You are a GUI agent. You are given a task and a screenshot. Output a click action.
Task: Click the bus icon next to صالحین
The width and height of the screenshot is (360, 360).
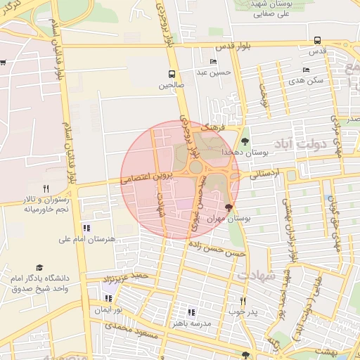click(x=172, y=73)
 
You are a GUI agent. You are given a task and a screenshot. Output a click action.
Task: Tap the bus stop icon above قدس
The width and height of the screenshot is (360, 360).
click(x=318, y=40)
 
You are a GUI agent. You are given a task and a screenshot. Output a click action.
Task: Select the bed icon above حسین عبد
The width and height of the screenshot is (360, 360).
click(x=213, y=61)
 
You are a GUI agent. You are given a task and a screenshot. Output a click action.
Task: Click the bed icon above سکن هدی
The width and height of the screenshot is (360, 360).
click(x=305, y=70)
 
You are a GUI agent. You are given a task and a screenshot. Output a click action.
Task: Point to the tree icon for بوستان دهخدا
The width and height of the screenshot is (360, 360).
click(x=245, y=141)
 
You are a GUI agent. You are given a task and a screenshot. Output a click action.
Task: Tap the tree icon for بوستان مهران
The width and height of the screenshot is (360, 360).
click(x=227, y=207)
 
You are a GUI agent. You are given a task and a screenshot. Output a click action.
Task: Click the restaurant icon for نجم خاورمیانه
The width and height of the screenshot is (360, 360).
click(x=46, y=188)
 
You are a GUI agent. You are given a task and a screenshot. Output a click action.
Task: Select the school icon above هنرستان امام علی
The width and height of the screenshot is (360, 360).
click(x=86, y=228)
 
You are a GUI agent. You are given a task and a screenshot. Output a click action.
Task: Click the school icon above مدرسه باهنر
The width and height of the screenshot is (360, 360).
click(x=191, y=312)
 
